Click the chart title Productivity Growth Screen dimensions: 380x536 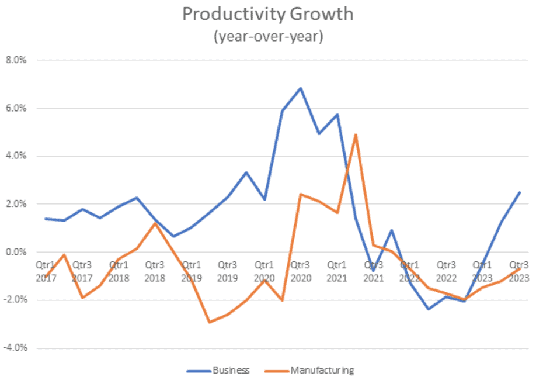coord(268,15)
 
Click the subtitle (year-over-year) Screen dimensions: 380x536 coord(268,36)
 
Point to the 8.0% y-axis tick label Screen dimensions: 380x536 coord(19,60)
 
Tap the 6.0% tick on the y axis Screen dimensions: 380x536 coord(19,108)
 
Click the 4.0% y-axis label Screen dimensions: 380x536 coord(19,156)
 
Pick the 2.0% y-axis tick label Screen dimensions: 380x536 coord(19,204)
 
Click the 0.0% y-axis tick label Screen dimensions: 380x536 coord(19,252)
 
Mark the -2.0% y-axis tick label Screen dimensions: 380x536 coord(18,300)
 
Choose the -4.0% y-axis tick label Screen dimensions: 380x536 coord(18,348)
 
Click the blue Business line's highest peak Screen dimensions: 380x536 coord(301,88)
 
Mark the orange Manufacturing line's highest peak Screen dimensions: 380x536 coord(356,134)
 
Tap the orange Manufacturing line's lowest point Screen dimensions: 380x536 coord(209,322)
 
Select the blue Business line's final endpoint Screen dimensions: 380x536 coord(520,192)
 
